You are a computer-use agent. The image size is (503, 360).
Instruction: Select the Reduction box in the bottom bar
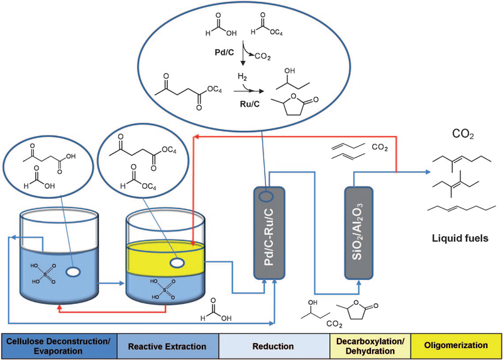pyautogui.click(x=274, y=346)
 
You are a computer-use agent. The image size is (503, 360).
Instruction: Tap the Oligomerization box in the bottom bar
pyautogui.click(x=456, y=346)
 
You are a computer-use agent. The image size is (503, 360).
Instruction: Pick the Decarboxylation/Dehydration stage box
pyautogui.click(x=369, y=346)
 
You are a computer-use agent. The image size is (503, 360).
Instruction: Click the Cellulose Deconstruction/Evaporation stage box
pyautogui.click(x=55, y=346)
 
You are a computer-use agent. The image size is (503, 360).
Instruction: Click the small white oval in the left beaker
pyautogui.click(x=74, y=272)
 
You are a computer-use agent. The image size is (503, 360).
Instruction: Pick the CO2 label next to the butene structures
pyautogui.click(x=379, y=149)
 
